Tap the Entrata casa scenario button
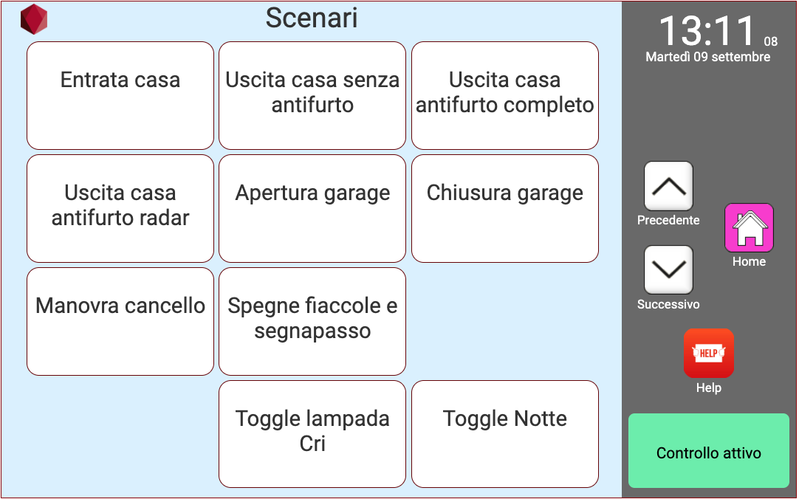120,96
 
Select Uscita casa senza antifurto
312,96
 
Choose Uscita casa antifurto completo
505,96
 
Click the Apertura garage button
312,208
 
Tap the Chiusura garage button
505,208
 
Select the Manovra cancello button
120,321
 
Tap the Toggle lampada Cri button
312,434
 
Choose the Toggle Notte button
505,434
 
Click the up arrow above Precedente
668,187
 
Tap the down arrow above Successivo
668,270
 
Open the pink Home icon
749,228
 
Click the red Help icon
708,354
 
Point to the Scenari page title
312,18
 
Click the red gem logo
34,20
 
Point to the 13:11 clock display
707,32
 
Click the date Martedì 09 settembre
707,57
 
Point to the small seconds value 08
770,42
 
